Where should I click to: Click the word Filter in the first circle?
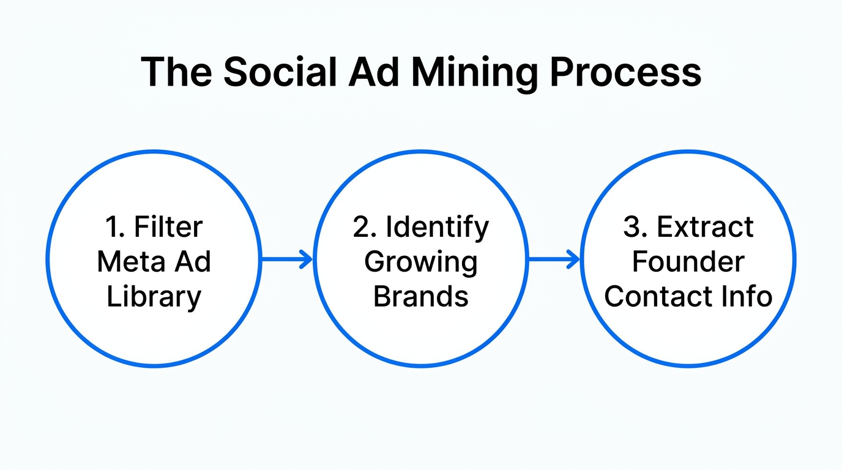168,227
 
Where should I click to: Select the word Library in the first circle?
154,297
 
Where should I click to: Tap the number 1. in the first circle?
114,227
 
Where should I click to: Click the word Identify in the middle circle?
438,227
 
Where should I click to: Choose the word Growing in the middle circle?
421,262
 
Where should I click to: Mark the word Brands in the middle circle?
421,297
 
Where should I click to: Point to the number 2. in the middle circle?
365,227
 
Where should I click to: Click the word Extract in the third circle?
706,227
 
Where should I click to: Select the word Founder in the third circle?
688,262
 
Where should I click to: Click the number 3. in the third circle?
635,227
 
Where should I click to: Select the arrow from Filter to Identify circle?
286,259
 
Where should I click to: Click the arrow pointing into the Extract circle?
553,259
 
